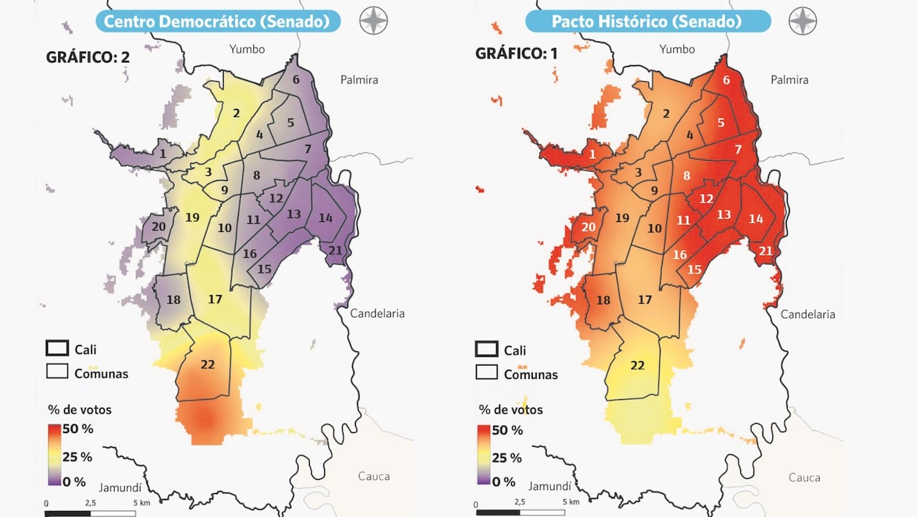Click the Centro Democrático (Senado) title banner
222,21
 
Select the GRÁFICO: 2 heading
87,57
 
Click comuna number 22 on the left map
207,365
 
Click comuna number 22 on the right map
637,365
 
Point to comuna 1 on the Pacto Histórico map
592,154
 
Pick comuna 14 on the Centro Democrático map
326,218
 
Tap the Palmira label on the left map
359,80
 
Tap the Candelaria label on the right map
808,314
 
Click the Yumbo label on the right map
677,49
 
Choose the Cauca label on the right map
804,477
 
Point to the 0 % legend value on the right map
504,482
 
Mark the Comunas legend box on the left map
57,371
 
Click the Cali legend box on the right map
486,349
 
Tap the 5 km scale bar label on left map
131,503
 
